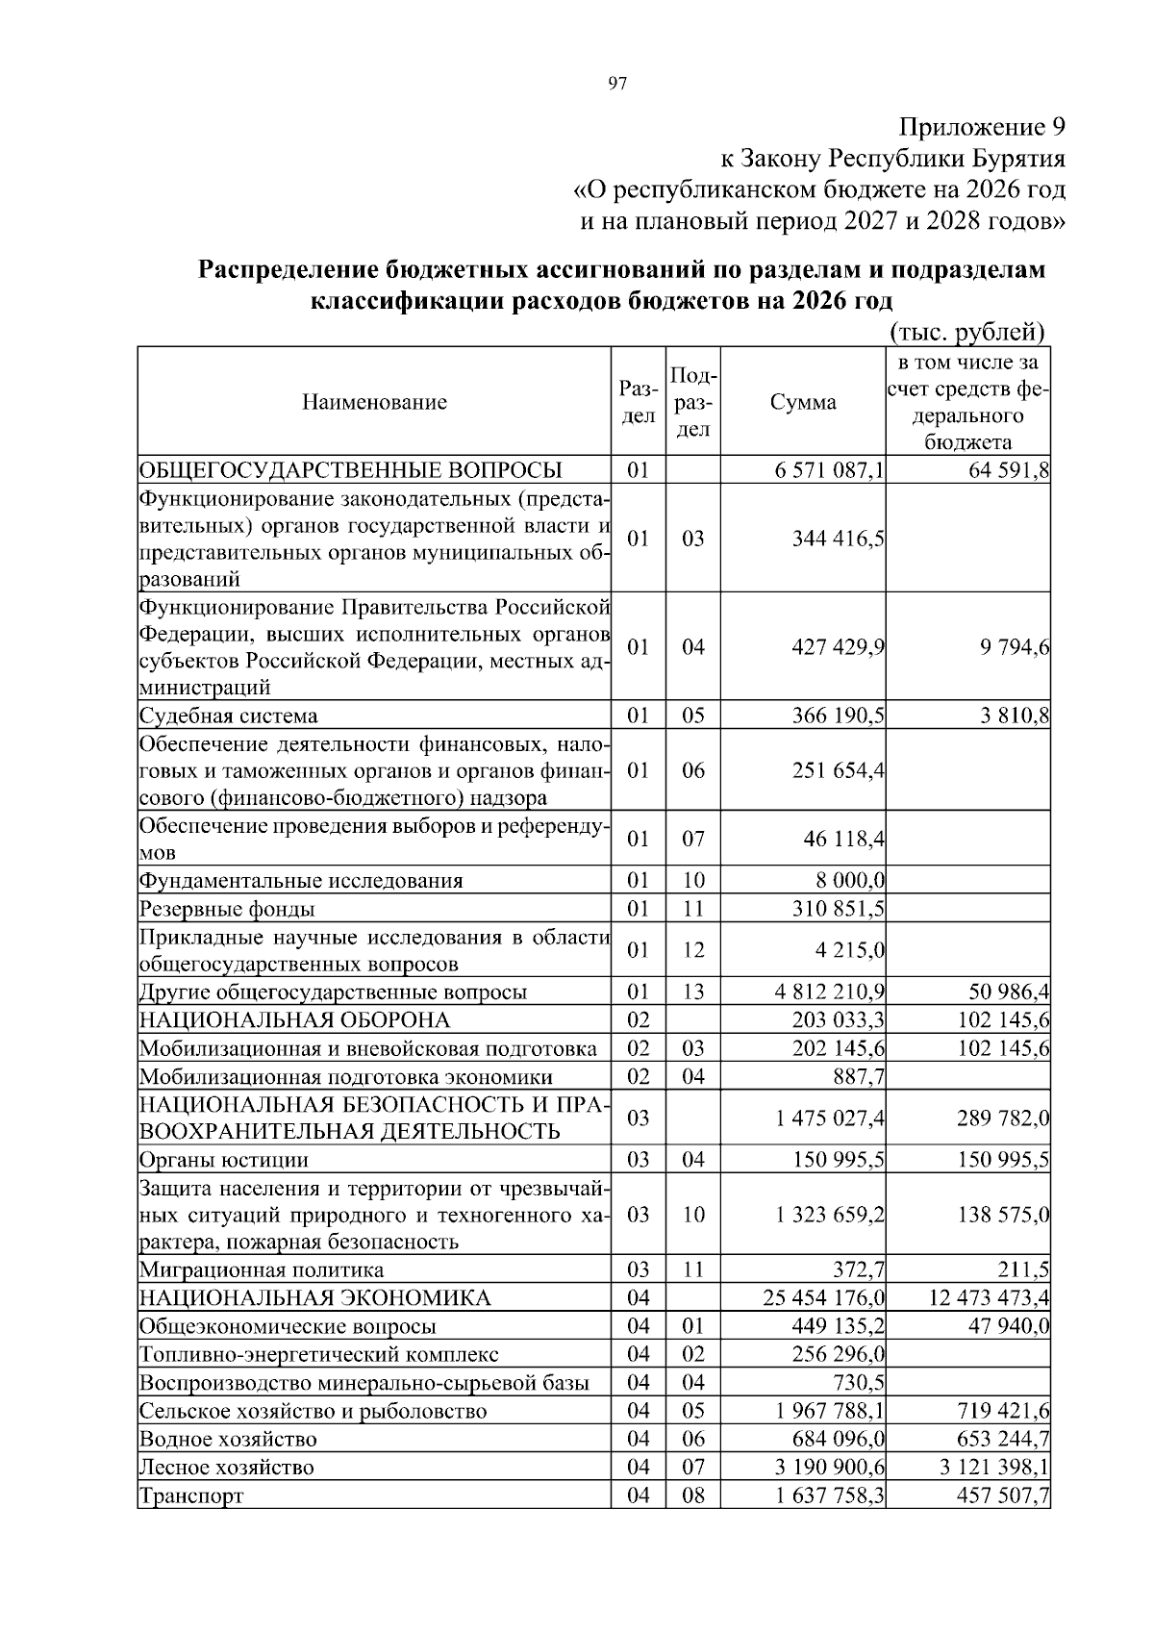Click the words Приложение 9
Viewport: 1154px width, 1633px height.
pyautogui.click(x=982, y=127)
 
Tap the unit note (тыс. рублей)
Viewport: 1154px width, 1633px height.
pyautogui.click(x=966, y=333)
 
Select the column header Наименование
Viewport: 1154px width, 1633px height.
pyautogui.click(x=374, y=402)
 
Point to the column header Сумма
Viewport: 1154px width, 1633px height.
pyautogui.click(x=803, y=402)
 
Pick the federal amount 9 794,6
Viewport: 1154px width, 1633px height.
pyautogui.click(x=1010, y=647)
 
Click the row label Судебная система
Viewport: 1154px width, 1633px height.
pyautogui.click(x=229, y=716)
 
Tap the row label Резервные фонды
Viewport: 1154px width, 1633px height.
pyautogui.click(x=227, y=909)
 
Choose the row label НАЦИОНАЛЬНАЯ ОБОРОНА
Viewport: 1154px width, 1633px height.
pyautogui.click(x=294, y=1020)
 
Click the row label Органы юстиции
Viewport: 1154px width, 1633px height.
pyautogui.click(x=224, y=1160)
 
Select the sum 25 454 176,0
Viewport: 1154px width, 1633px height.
pyautogui.click(x=824, y=1298)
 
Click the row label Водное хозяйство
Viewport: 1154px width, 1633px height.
pyautogui.click(x=228, y=1440)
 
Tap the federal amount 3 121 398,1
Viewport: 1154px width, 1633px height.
pyautogui.click(x=990, y=1468)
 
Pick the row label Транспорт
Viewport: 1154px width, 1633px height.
pyautogui.click(x=191, y=1496)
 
